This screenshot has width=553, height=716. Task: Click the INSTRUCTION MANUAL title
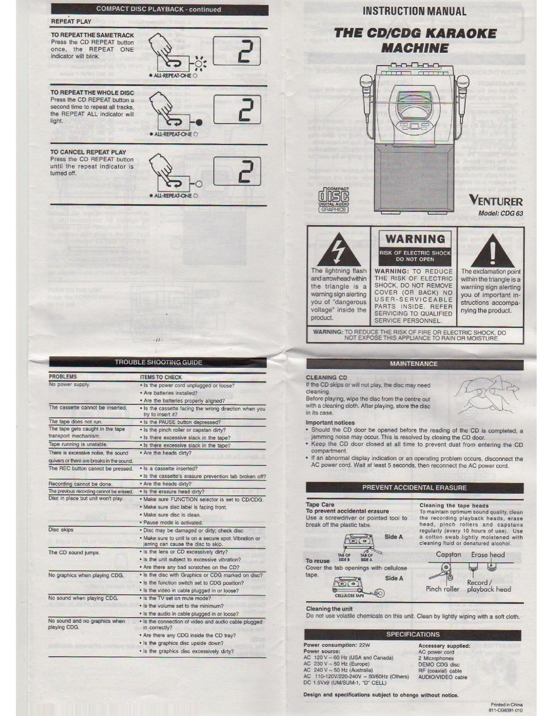414,11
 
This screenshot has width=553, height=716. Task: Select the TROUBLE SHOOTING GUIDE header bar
158,362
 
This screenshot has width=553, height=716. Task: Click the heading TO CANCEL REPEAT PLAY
88,152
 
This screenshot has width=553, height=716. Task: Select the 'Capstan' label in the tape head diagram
448,555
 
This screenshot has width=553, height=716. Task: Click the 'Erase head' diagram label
488,555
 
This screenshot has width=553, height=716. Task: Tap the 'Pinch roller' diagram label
442,589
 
